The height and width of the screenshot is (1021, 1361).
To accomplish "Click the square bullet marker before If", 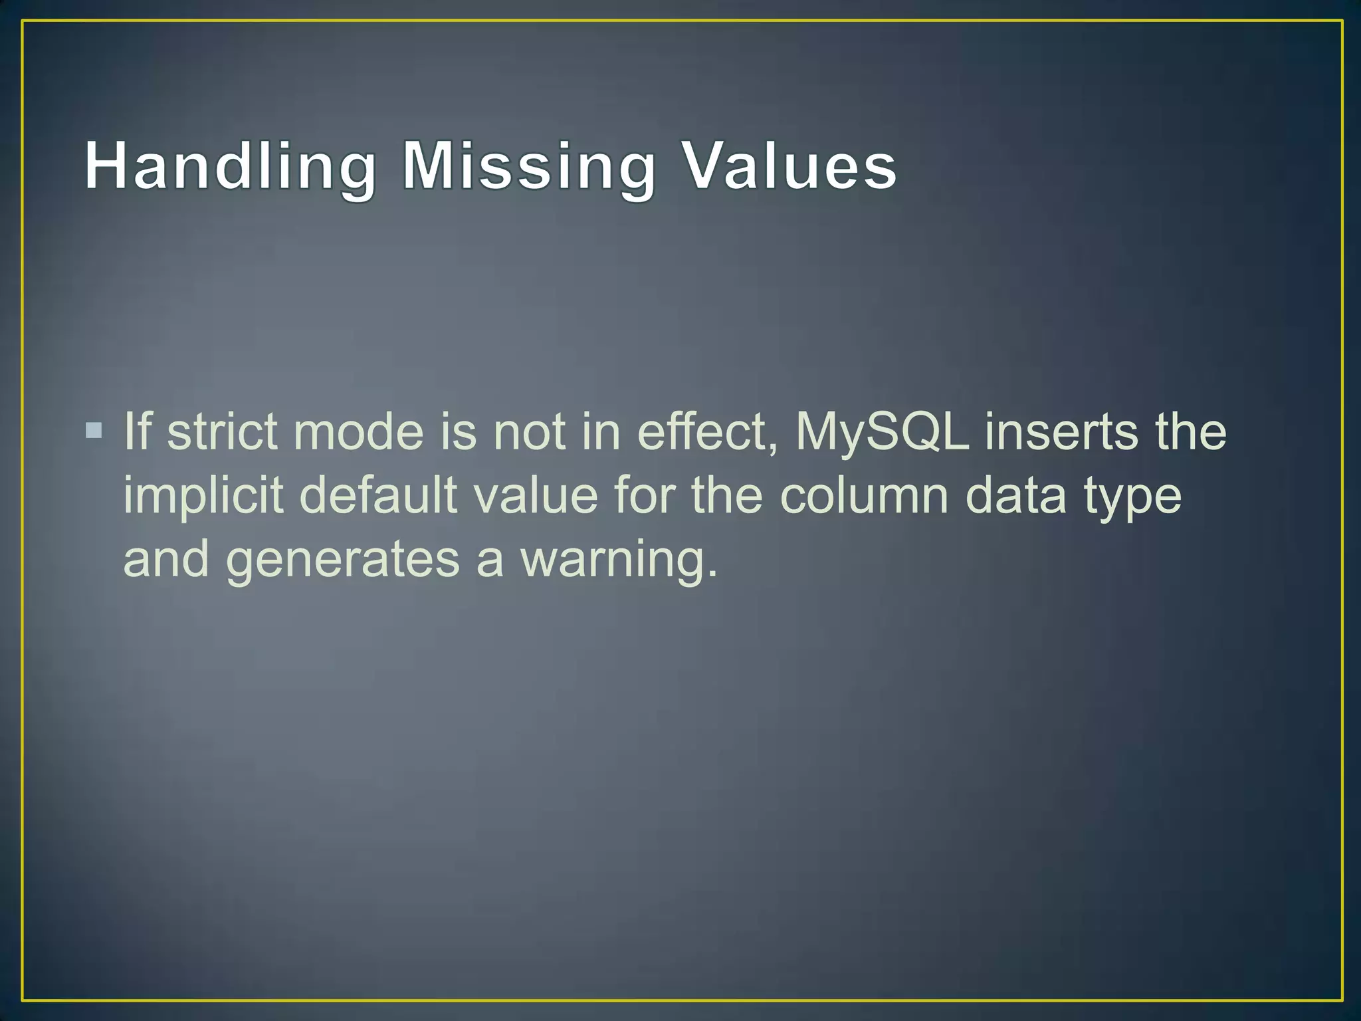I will pyautogui.click(x=94, y=431).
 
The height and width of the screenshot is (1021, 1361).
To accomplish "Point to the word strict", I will pyautogui.click(x=222, y=432).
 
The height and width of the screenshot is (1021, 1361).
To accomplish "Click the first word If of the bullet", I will pyautogui.click(x=138, y=432).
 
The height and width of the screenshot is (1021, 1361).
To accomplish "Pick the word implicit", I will pyautogui.click(x=203, y=496).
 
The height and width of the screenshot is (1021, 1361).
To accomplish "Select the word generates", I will pyautogui.click(x=343, y=560).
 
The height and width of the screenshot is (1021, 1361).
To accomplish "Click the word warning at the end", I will pyautogui.click(x=618, y=560).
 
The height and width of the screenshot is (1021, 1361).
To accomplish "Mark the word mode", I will pyautogui.click(x=358, y=432).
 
